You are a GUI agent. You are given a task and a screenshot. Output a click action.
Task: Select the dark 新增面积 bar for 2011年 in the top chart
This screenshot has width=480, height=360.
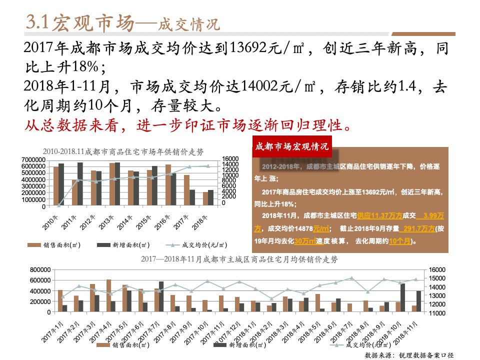[x=80, y=183]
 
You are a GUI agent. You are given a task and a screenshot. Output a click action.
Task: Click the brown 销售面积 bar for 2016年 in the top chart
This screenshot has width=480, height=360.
[x=167, y=185]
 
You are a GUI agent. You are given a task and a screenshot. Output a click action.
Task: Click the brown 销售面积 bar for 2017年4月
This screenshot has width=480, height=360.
[x=108, y=295]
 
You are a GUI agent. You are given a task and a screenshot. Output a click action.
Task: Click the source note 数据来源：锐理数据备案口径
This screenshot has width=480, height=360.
[x=409, y=354]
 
